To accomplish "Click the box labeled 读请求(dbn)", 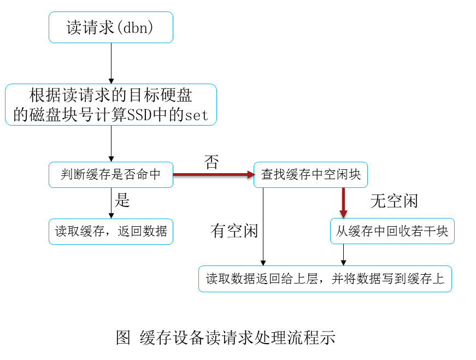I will point(111,27).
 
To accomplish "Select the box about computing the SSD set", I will point(111,104).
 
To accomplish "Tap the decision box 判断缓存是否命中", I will point(111,175).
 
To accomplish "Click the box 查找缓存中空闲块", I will point(310,175).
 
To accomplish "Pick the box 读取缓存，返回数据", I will point(111,232).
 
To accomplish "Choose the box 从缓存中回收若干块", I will point(392,231).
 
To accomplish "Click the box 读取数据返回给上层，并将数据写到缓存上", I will point(325,279).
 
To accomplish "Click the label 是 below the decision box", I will point(122,200).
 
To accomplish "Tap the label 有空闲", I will point(234,231).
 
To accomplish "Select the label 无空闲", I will point(393,201).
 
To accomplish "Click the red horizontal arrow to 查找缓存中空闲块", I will point(213,175).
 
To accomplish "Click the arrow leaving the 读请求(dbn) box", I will point(111,63).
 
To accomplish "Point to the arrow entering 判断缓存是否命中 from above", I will point(111,143).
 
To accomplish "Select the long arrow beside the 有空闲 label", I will point(263,227).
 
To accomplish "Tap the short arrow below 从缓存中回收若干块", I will point(343,255).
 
